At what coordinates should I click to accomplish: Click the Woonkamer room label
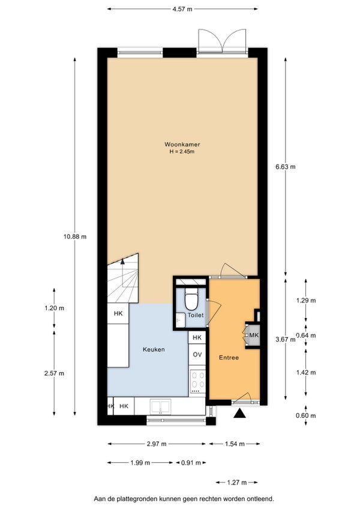[182, 145]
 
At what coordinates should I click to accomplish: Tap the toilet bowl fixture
[191, 299]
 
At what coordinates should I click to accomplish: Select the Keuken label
[154, 349]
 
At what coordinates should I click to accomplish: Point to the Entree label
[229, 357]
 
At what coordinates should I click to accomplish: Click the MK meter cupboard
[254, 335]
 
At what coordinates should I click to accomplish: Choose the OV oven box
[197, 355]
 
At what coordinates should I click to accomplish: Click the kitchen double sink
[160, 407]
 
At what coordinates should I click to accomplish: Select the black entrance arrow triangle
[239, 413]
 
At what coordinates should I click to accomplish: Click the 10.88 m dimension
[75, 236]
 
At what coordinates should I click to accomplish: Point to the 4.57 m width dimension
[182, 9]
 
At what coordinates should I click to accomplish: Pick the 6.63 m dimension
[286, 167]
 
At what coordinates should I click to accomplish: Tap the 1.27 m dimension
[236, 483]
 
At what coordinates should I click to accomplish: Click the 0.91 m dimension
[191, 463]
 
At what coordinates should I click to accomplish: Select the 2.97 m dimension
[157, 444]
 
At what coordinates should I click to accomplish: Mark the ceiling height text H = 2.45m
[182, 152]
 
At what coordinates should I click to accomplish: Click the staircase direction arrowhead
[122, 261]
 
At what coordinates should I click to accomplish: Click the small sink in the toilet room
[180, 320]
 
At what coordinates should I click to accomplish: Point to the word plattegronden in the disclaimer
[132, 498]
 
